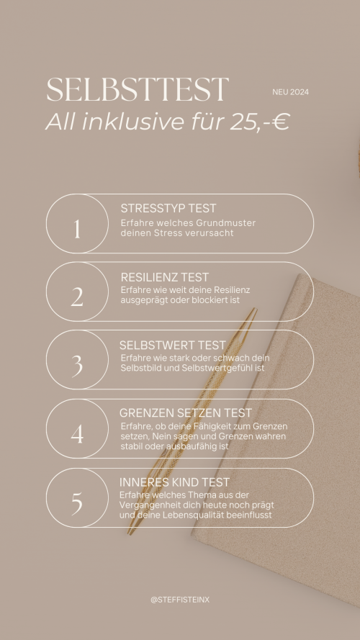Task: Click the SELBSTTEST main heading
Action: (x=137, y=89)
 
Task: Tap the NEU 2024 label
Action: (x=291, y=92)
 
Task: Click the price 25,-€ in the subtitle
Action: (x=260, y=121)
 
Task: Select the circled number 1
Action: (x=77, y=229)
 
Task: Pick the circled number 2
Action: (x=77, y=297)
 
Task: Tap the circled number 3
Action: (x=77, y=366)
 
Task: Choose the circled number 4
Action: (x=77, y=434)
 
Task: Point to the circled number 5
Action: (x=77, y=502)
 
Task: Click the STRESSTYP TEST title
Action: (x=168, y=208)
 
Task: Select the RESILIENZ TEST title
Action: (x=164, y=277)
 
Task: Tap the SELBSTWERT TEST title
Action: (x=172, y=345)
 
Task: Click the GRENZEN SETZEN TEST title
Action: (x=186, y=413)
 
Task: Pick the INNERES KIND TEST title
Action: (x=174, y=482)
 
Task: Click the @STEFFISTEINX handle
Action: (x=180, y=600)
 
